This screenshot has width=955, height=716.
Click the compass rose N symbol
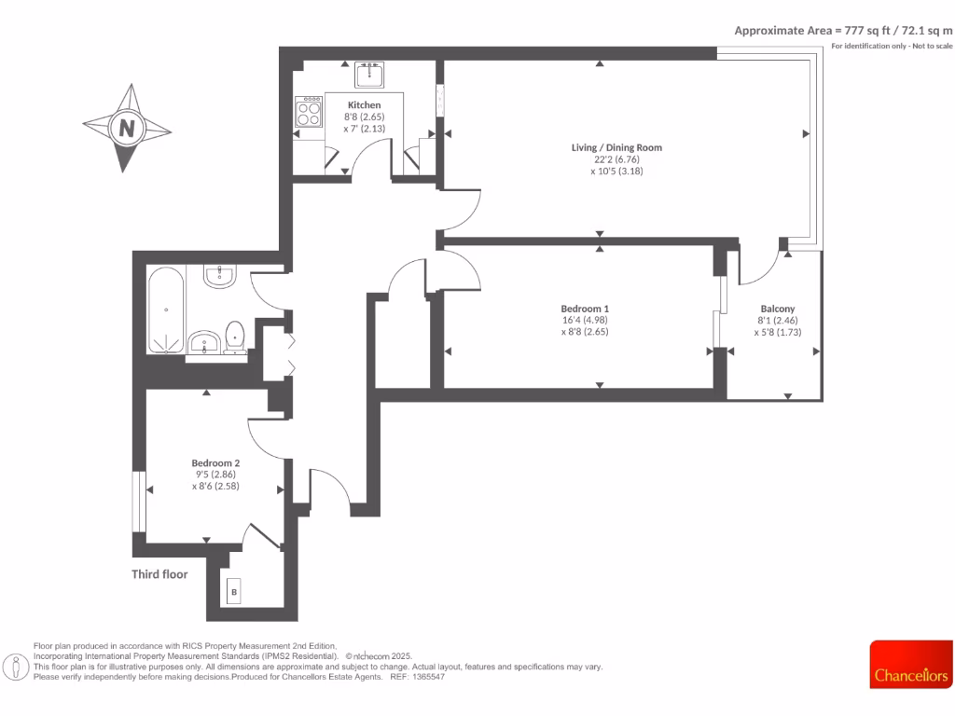coord(127,127)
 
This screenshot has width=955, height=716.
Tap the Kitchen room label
coord(364,105)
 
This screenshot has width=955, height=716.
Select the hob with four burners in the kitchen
coord(307,114)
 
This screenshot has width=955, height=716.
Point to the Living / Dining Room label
coord(616,147)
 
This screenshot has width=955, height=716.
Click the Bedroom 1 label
coord(585,309)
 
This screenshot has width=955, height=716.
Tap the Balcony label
coord(777,309)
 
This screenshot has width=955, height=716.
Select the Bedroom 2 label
coord(215,463)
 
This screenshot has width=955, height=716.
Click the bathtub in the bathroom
coord(165,309)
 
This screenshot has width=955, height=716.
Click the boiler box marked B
coord(234,591)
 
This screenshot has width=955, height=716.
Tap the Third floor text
coord(159,574)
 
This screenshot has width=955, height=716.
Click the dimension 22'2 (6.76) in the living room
coord(616,159)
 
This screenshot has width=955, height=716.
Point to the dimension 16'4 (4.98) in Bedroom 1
coord(585,320)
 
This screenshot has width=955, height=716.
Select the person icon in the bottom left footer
coord(17,668)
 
